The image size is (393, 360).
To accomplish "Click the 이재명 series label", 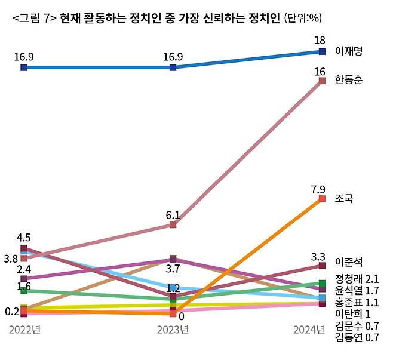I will tap(349, 51).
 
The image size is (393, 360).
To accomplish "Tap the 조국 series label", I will tap(345, 198).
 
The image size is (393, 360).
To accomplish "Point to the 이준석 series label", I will tap(349, 262).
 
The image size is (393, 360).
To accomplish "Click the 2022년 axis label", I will tap(24, 330).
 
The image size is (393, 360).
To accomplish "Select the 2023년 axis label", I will tap(173, 330).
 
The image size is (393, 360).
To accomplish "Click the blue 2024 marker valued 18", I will tap(322, 51).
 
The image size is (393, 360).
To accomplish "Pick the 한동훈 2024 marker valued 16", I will tap(322, 81).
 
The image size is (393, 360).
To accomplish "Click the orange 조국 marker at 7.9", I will tap(322, 199).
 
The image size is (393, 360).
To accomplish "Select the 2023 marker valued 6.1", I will tap(173, 225).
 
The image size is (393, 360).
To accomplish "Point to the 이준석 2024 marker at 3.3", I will tap(322, 265).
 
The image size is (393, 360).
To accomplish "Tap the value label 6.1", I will tap(173, 215).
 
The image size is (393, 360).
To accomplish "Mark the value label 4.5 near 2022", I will tap(23, 238).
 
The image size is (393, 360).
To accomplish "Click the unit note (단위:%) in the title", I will tap(305, 19).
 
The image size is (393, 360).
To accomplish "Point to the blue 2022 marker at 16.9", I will tap(23, 67).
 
